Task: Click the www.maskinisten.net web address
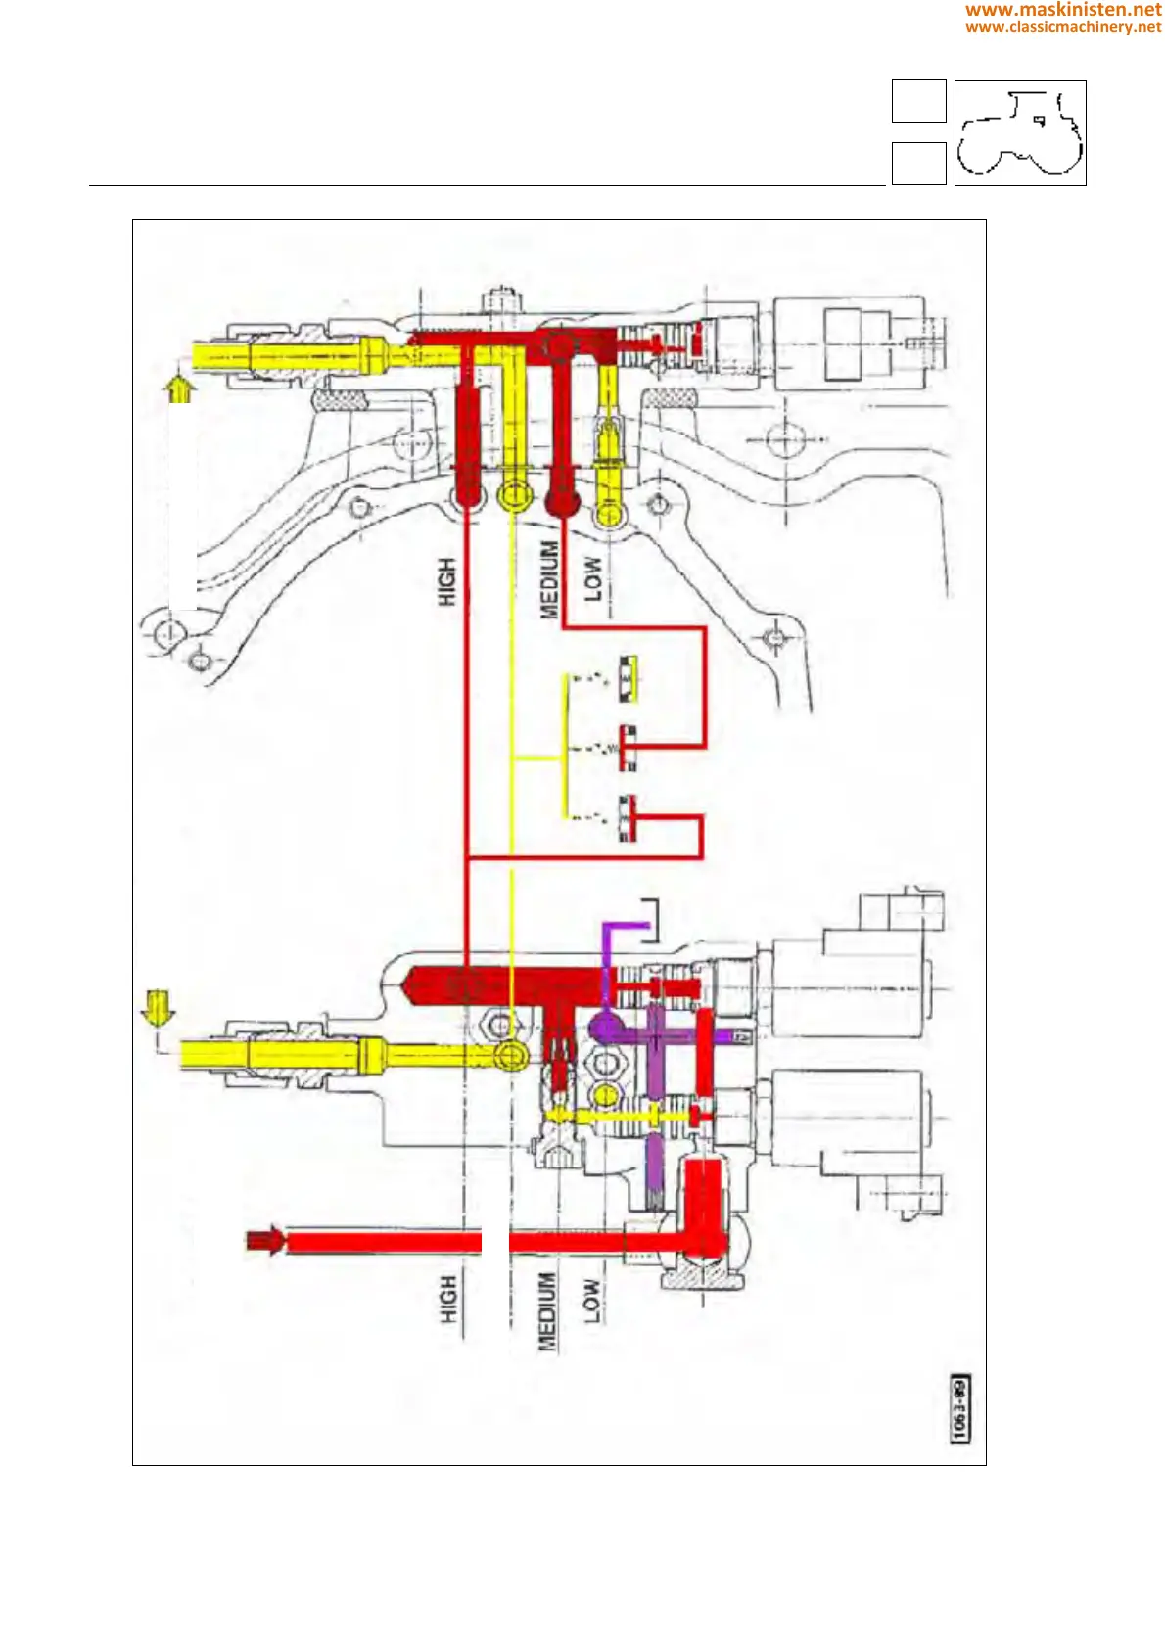(x=1063, y=10)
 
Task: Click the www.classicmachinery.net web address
(x=1063, y=27)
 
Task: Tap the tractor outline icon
(x=1020, y=133)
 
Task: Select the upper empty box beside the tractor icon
(x=918, y=102)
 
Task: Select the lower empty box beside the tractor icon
(x=918, y=163)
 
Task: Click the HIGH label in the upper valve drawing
(x=446, y=581)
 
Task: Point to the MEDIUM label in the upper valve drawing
(x=550, y=579)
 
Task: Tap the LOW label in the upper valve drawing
(x=593, y=578)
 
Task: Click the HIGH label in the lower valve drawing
(x=447, y=1299)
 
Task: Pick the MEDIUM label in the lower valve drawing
(x=547, y=1311)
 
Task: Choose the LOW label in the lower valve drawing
(x=591, y=1301)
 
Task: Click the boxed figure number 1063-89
(x=960, y=1408)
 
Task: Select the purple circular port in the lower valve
(x=604, y=1029)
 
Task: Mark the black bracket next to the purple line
(x=651, y=919)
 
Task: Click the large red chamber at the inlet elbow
(x=704, y=1208)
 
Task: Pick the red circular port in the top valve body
(x=560, y=345)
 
